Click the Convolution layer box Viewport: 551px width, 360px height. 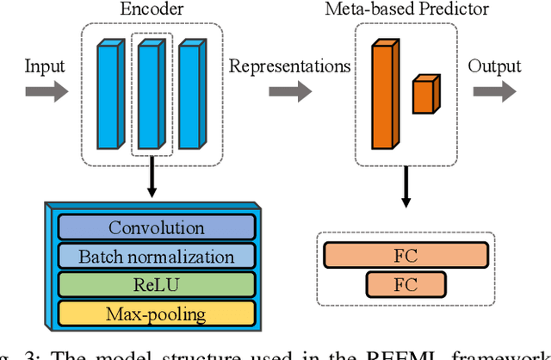[157, 228]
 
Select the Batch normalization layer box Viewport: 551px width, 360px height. [157, 257]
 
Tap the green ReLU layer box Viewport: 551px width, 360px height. [157, 285]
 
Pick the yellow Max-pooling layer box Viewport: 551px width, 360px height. [157, 313]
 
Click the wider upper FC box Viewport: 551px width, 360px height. [406, 255]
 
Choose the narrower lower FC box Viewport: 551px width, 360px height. [406, 284]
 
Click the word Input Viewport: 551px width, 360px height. [44, 66]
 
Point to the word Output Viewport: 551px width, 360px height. [495, 66]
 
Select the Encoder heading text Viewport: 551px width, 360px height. [152, 9]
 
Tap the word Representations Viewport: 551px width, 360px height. [288, 66]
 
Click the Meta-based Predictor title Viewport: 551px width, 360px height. [406, 9]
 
